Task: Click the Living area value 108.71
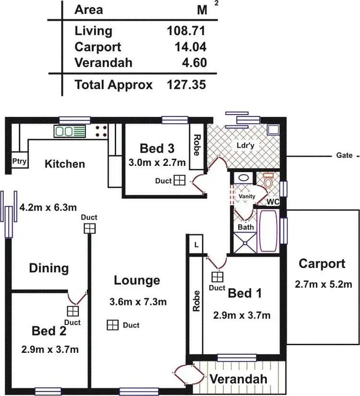[x=186, y=31]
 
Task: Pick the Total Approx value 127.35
[x=186, y=85]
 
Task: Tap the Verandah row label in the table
[x=104, y=63]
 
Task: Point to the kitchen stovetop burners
[x=101, y=131]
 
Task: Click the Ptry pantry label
[x=19, y=162]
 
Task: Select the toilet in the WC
[x=268, y=181]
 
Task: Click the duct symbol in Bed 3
[x=179, y=180]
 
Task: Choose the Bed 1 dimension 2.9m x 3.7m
[x=241, y=315]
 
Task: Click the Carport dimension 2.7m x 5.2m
[x=324, y=284]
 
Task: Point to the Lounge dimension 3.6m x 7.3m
[x=138, y=302]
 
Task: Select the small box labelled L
[x=196, y=244]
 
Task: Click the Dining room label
[x=48, y=268]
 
